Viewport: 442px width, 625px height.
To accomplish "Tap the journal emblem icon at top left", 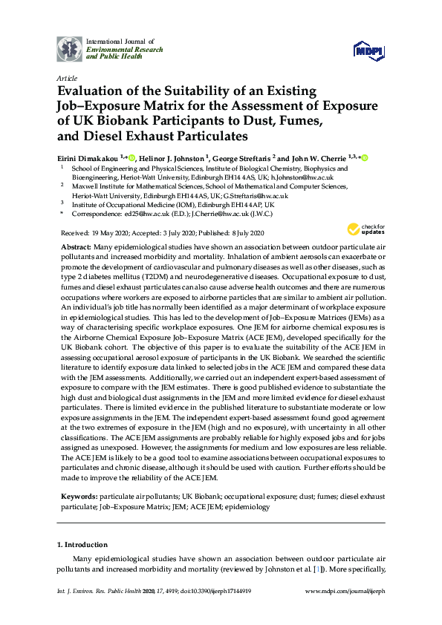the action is (x=70, y=48).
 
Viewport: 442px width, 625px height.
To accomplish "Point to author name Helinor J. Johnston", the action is (x=174, y=157).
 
